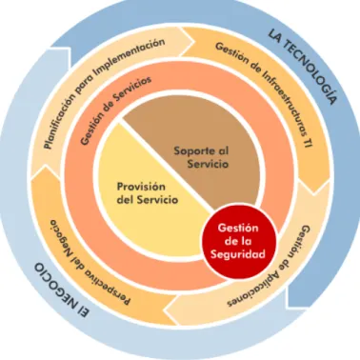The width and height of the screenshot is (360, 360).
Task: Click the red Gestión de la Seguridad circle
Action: point(239,241)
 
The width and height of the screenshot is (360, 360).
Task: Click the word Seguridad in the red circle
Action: point(238,254)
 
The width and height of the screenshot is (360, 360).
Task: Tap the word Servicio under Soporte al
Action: point(208,164)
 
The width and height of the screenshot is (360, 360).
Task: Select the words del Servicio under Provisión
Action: point(148,200)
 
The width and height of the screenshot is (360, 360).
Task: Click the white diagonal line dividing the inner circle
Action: point(166,164)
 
